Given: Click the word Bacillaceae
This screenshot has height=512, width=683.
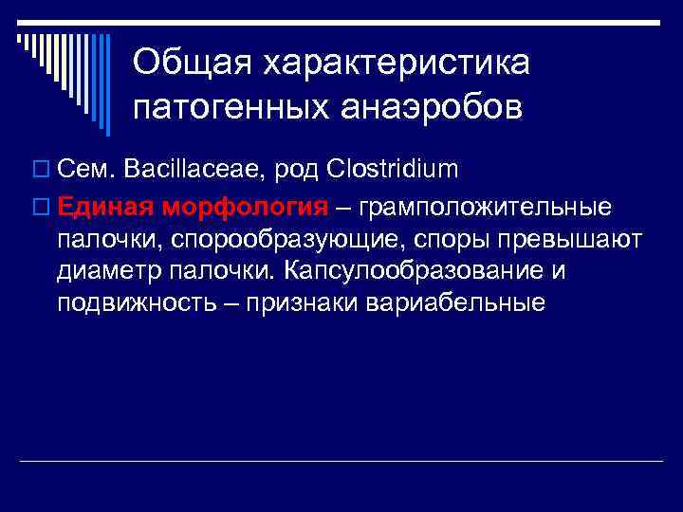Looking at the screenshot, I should click(194, 170).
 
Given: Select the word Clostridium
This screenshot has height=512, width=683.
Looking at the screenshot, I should click(392, 170).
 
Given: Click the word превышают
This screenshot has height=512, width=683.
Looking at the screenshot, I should click(566, 239).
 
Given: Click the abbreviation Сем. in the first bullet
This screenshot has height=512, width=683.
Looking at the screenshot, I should click(83, 170).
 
